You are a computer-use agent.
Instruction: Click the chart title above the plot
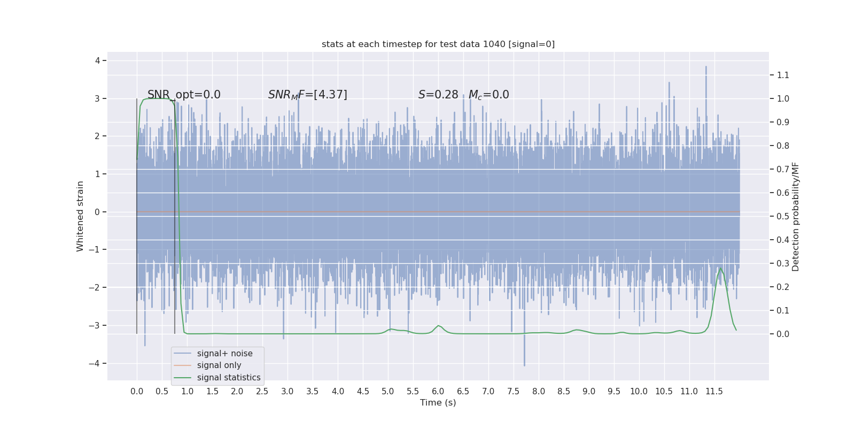tap(438, 44)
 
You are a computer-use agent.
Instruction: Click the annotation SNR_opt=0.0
tap(184, 95)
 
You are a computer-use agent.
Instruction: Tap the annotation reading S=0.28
tap(438, 95)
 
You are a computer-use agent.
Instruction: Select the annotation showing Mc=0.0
tap(488, 95)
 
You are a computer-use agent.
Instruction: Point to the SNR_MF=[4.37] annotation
tap(308, 95)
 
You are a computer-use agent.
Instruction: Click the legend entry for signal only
tap(219, 365)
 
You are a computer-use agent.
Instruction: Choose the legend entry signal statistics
tap(228, 378)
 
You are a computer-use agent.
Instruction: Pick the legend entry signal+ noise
tap(224, 354)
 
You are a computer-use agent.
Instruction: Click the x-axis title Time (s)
tap(438, 402)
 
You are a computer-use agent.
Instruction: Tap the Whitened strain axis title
tap(80, 216)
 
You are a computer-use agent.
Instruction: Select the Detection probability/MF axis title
tap(796, 216)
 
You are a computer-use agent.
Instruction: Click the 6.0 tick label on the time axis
tap(438, 392)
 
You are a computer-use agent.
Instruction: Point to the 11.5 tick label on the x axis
tap(714, 392)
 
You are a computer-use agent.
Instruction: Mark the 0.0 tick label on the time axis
tap(137, 392)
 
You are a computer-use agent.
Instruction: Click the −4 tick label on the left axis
tap(97, 364)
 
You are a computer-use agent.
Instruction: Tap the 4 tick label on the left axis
tap(98, 60)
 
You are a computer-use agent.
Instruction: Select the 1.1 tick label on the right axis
tap(783, 75)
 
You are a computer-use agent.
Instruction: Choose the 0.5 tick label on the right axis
tap(783, 216)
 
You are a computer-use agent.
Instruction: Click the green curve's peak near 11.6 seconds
tap(720, 268)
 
